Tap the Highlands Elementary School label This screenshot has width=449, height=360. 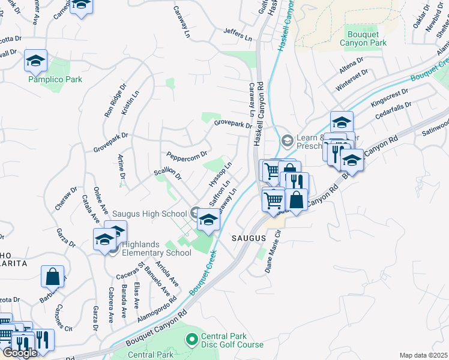tap(156, 248)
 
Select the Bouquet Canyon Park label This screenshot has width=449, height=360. tap(367, 38)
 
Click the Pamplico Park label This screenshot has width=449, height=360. tap(55, 79)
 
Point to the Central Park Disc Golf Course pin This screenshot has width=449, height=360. tap(192, 340)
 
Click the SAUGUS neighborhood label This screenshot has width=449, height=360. tap(249, 238)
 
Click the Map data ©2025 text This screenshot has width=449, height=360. tap(423, 355)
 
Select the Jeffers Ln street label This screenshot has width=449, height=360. tap(237, 34)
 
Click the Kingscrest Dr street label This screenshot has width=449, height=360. tap(389, 100)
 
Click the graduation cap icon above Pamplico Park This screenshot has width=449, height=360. tap(36, 61)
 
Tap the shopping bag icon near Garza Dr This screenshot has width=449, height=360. tap(52, 277)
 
